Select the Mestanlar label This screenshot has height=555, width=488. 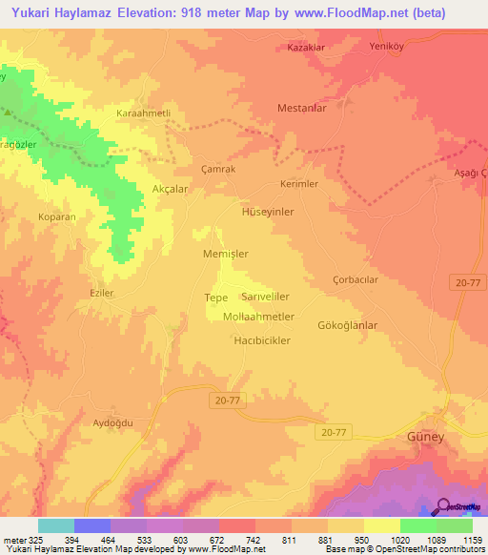(302, 109)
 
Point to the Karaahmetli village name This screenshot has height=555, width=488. (143, 113)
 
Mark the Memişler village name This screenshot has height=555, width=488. (226, 255)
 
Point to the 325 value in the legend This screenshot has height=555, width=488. (29, 540)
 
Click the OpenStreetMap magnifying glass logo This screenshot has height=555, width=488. (441, 506)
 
